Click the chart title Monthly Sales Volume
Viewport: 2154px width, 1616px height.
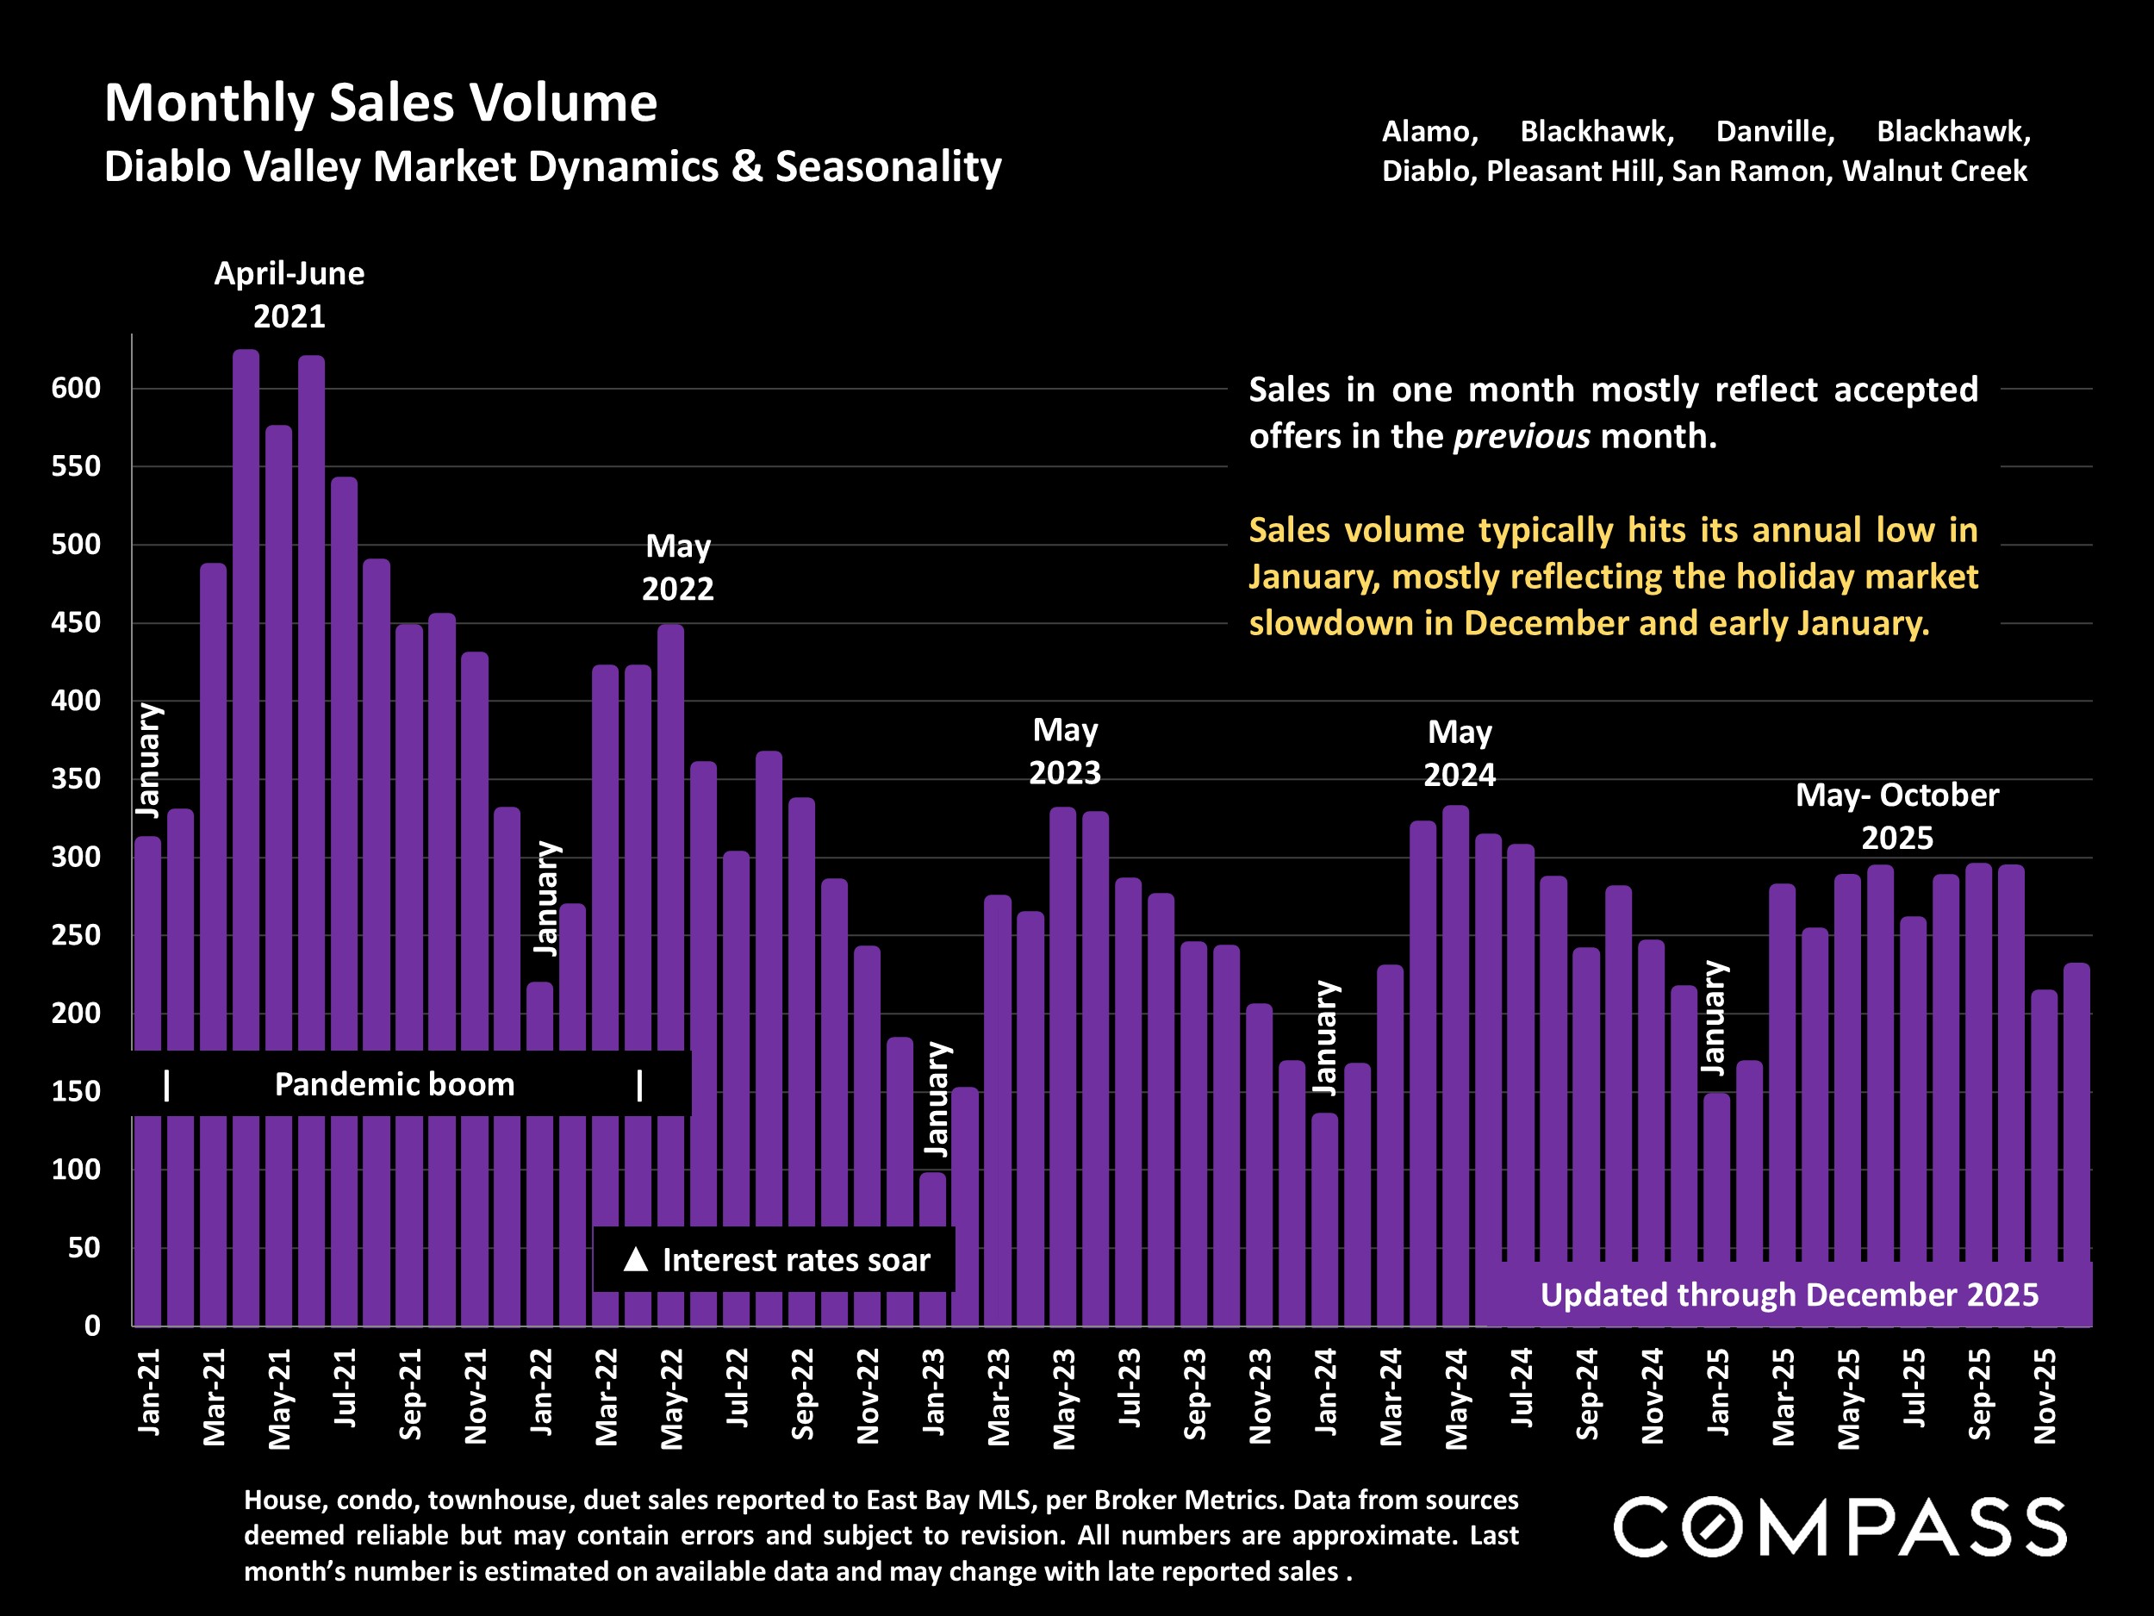(x=381, y=103)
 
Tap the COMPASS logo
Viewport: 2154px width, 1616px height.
(x=1840, y=1526)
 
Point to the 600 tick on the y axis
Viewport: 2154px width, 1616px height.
(x=76, y=389)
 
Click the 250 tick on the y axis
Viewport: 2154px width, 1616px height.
(x=76, y=935)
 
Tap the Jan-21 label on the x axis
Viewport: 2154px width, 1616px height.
(x=149, y=1392)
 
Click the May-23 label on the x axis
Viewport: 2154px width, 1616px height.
(x=1064, y=1398)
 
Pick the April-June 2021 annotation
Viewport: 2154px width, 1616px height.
(x=289, y=294)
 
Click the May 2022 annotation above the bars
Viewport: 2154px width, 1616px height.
(x=678, y=567)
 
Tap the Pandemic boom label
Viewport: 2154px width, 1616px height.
(x=395, y=1084)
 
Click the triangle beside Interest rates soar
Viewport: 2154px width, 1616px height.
(x=635, y=1259)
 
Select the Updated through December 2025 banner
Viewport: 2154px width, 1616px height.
(x=1788, y=1295)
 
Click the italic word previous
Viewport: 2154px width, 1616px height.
(x=1521, y=436)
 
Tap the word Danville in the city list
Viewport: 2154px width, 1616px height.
(x=1774, y=132)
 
